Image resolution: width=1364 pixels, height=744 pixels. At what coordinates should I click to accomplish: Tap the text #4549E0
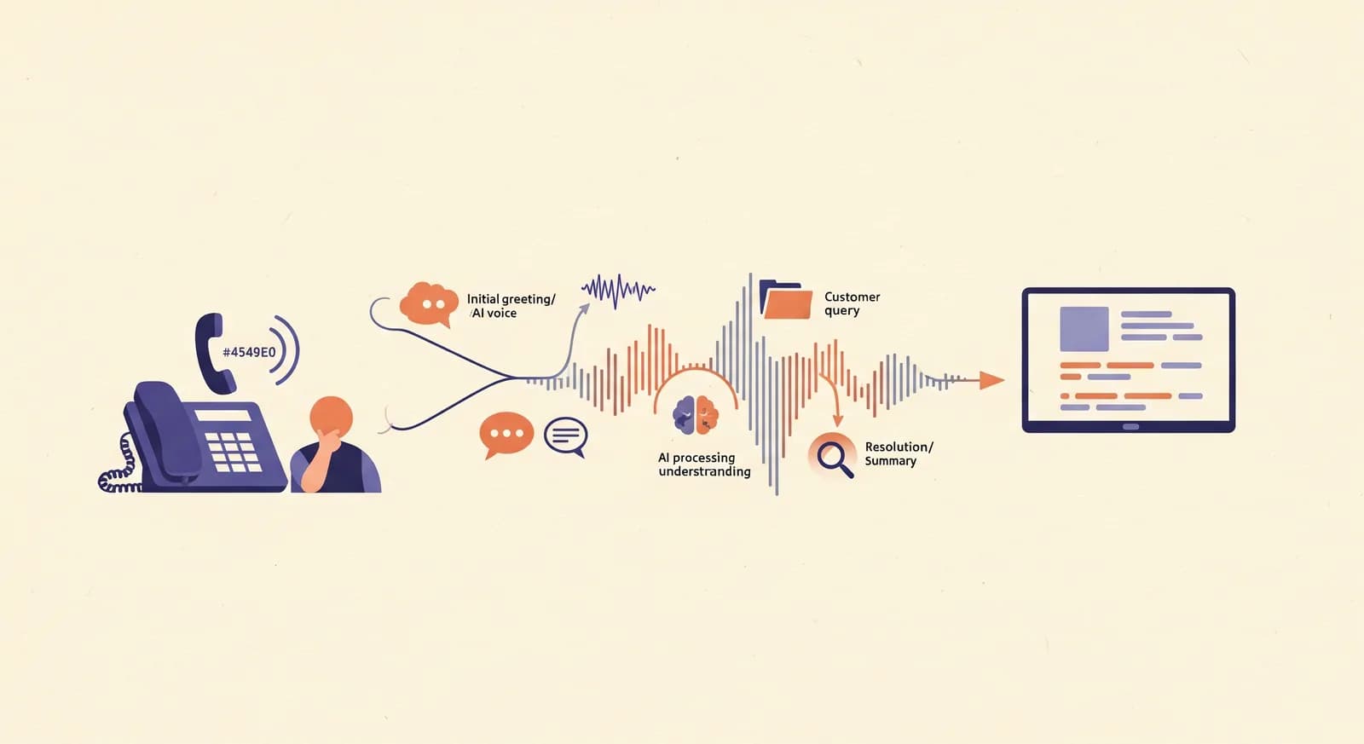pyautogui.click(x=249, y=352)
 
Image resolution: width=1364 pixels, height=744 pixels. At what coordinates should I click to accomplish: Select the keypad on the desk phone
pyautogui.click(x=234, y=453)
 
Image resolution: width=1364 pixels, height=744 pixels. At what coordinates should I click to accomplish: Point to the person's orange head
pyautogui.click(x=332, y=418)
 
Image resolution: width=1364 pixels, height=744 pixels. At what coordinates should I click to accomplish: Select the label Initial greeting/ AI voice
pyautogui.click(x=511, y=306)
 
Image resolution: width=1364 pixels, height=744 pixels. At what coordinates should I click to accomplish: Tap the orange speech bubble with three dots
pyautogui.click(x=506, y=435)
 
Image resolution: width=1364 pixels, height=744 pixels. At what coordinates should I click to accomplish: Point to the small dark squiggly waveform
pyautogui.click(x=618, y=291)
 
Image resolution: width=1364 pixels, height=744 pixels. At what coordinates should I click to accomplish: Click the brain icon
pyautogui.click(x=696, y=415)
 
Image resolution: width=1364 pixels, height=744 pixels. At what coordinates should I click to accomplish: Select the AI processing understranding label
pyautogui.click(x=704, y=464)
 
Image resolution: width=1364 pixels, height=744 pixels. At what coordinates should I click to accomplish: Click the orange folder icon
pyautogui.click(x=786, y=299)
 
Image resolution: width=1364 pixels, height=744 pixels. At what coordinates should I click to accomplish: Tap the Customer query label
pyautogui.click(x=852, y=303)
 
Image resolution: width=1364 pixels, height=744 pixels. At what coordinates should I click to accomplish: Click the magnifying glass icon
pyautogui.click(x=832, y=455)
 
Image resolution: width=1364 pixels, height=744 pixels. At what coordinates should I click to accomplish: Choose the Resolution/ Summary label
pyautogui.click(x=899, y=453)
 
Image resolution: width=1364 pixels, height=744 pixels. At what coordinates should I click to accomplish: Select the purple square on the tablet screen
pyautogui.click(x=1084, y=329)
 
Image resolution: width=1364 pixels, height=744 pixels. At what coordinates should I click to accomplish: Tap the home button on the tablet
pyautogui.click(x=1130, y=427)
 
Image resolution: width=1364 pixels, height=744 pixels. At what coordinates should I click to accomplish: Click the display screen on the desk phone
pyautogui.click(x=223, y=415)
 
